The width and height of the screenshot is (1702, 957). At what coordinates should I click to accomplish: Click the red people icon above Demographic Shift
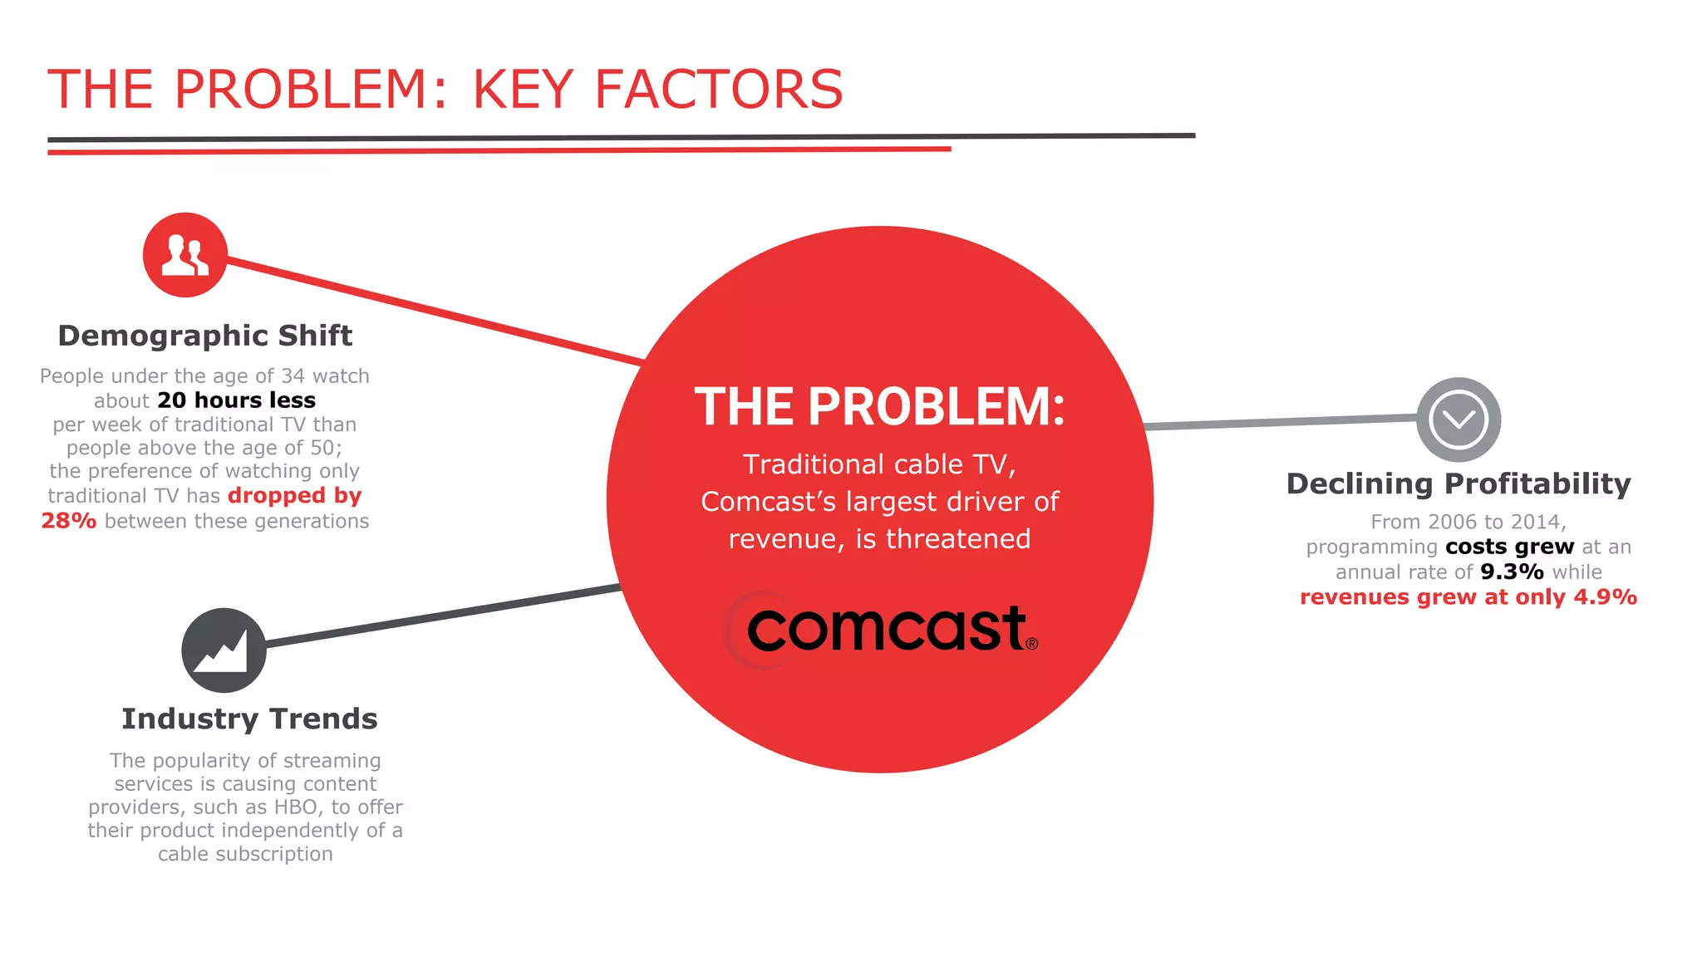[x=184, y=255]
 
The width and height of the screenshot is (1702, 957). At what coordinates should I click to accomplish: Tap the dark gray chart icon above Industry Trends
[x=224, y=650]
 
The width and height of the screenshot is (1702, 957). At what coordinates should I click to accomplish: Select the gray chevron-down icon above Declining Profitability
[x=1459, y=420]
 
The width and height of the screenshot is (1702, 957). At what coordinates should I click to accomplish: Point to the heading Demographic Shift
[x=205, y=336]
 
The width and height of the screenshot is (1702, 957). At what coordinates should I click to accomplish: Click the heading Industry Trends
[x=249, y=719]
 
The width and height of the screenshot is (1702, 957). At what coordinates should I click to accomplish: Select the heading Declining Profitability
[x=1459, y=483]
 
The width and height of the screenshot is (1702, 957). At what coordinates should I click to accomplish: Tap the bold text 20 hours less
[x=236, y=400]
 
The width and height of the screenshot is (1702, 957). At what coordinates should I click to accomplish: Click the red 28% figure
[x=69, y=521]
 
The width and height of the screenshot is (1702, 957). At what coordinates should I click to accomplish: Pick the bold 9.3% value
[x=1512, y=572]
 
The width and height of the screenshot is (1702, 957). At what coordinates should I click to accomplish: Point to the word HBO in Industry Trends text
[x=296, y=807]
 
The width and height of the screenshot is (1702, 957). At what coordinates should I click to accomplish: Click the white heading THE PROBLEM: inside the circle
[x=879, y=407]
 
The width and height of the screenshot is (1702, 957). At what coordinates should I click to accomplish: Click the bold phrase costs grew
[x=1509, y=547]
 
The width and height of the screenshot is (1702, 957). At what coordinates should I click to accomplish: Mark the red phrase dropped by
[x=294, y=496]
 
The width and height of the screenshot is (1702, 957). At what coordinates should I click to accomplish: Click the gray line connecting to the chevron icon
[x=1280, y=422]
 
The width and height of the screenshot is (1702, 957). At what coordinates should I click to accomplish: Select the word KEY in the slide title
[x=523, y=90]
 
